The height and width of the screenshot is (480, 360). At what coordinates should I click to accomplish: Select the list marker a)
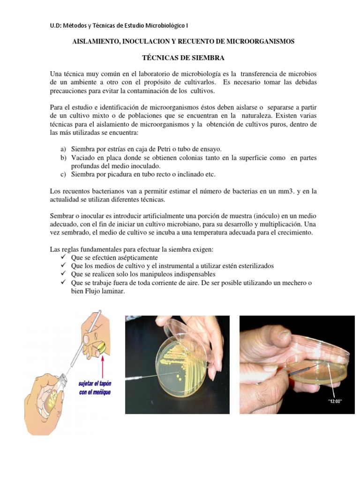63,149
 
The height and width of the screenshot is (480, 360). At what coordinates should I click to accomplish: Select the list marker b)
63,158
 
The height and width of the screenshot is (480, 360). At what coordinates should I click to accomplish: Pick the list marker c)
63,175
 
